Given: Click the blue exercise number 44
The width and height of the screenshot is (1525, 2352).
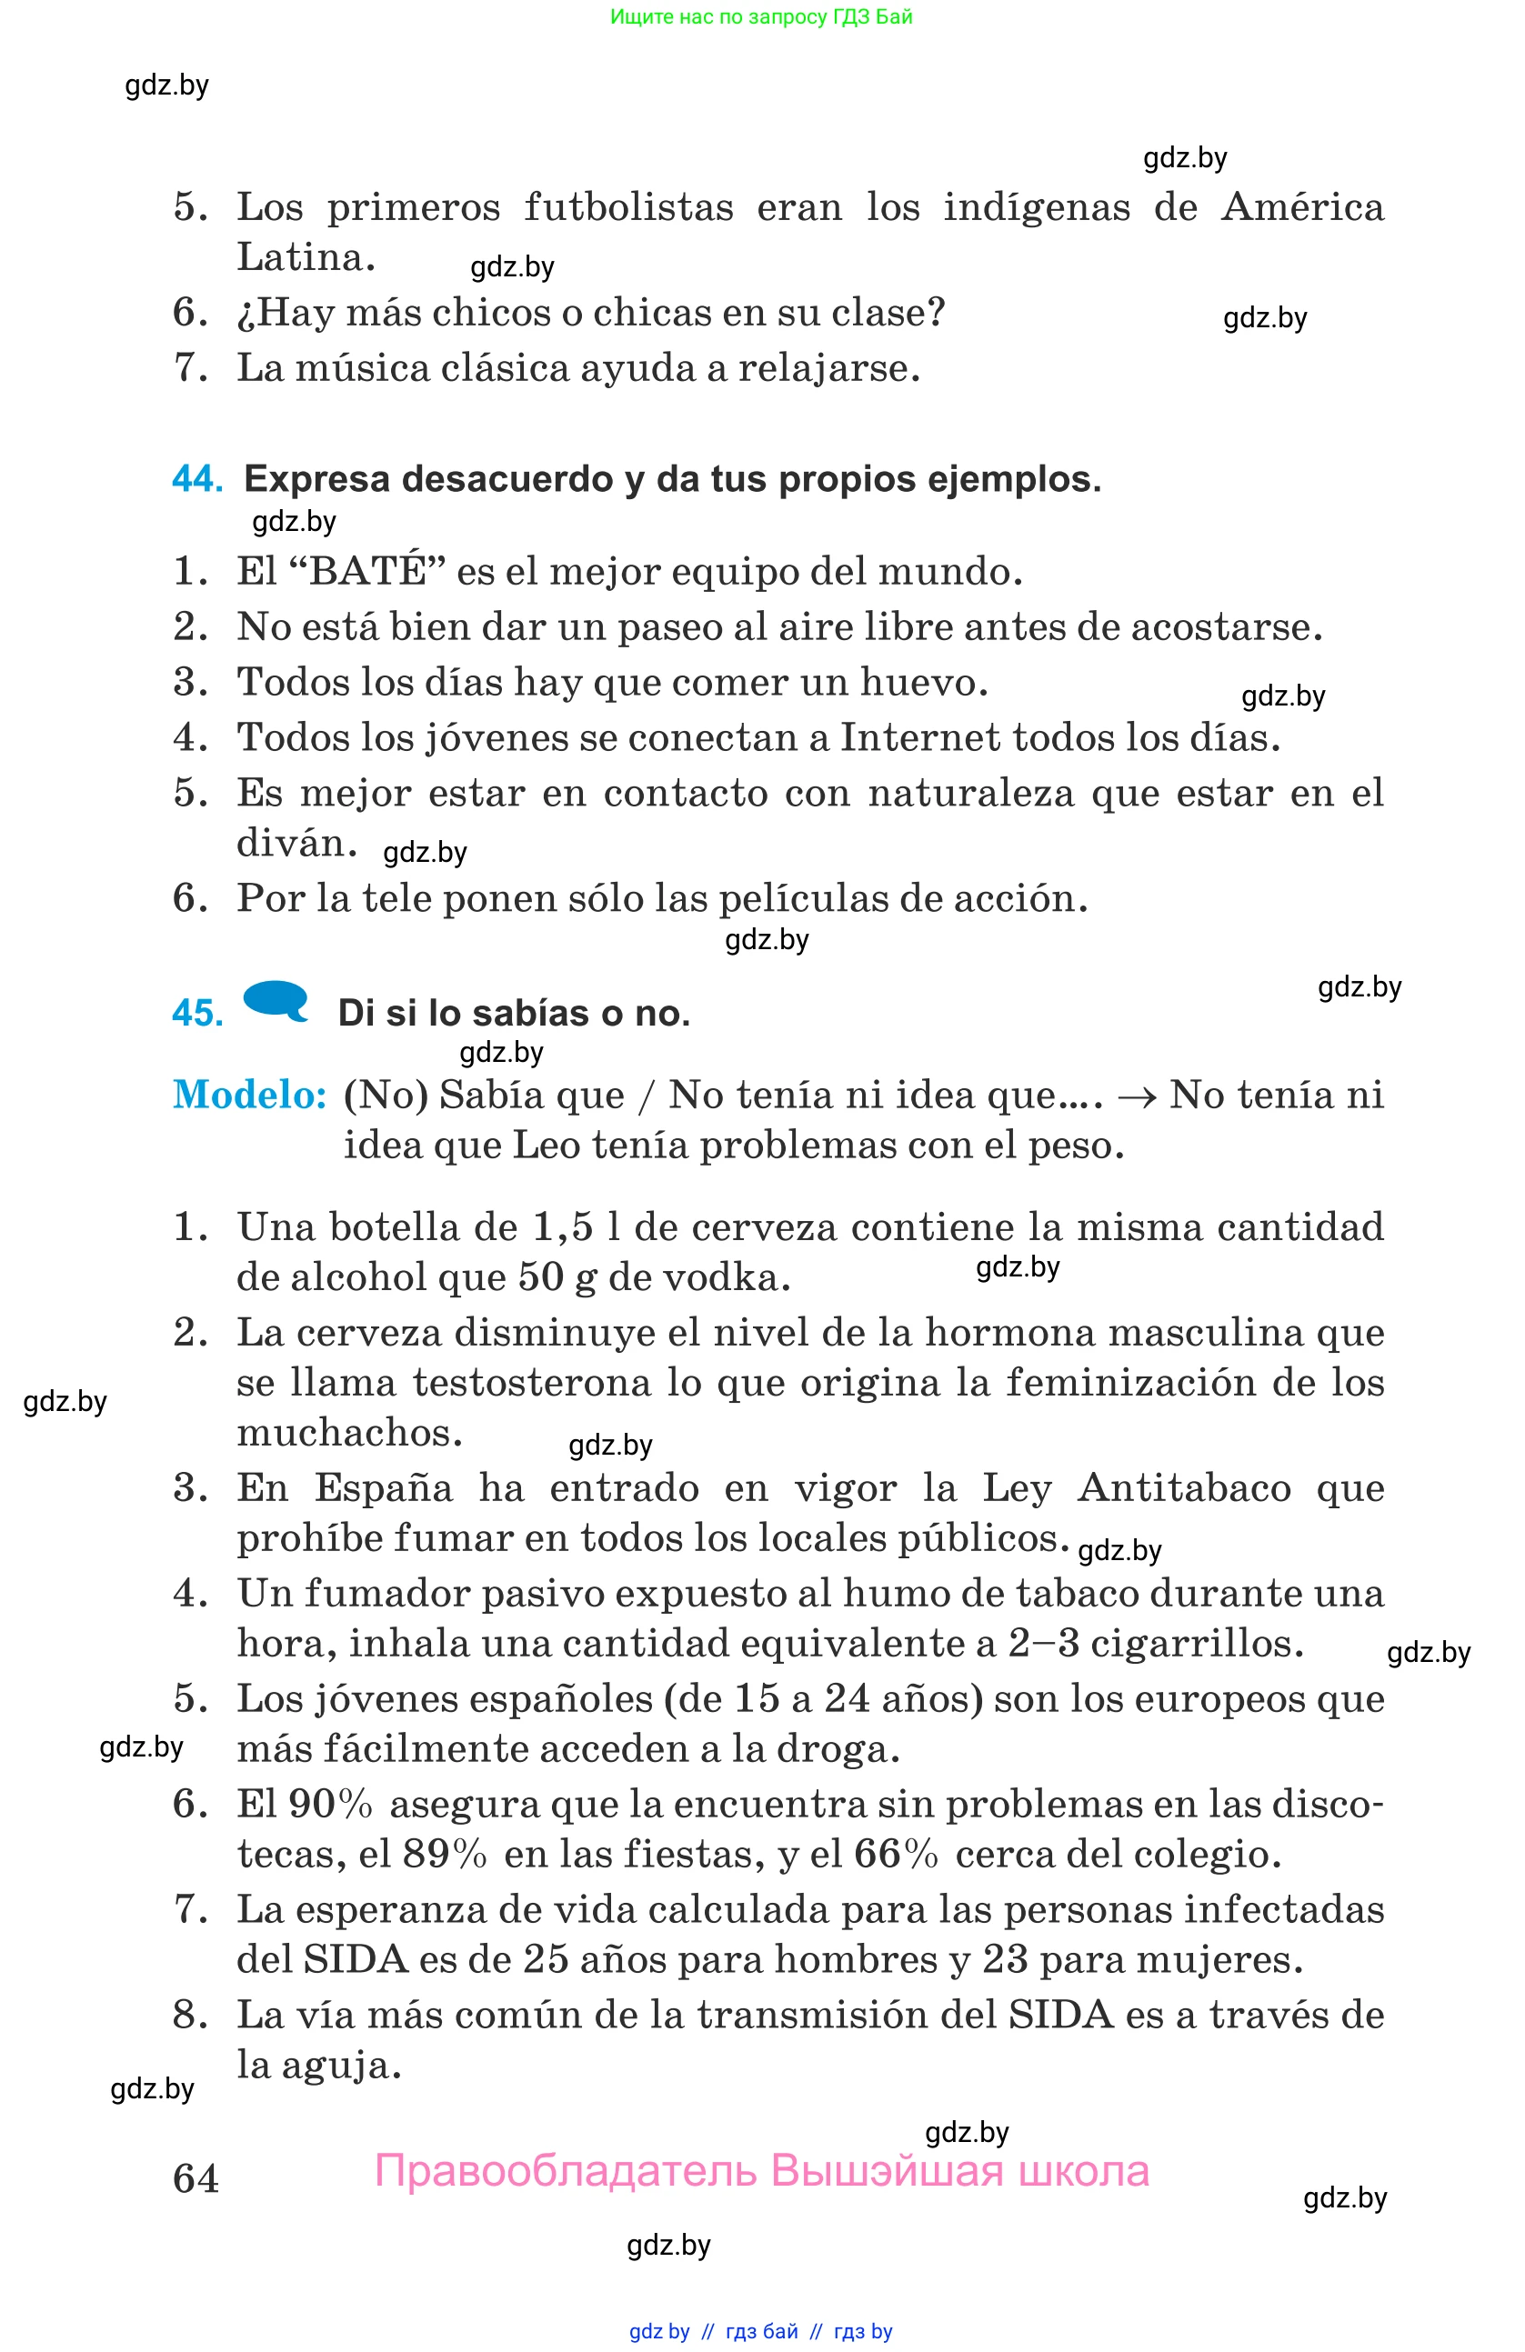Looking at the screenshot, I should pos(196,479).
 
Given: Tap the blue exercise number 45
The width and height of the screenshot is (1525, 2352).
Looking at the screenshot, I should pos(196,1013).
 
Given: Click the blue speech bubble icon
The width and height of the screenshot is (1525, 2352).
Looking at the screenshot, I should pos(276,1000).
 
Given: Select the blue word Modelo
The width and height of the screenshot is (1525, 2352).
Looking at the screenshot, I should pos(249,1095).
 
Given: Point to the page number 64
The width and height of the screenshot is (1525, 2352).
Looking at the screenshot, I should pos(196,2178).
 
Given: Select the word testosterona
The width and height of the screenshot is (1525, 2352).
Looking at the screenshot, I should pos(532,1383).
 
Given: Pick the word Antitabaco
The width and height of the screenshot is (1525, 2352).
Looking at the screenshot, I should pos(1184,1487).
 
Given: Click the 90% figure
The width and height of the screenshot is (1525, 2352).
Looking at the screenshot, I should pos(330,1804).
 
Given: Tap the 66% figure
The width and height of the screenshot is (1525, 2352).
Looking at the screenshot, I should pos(896,1854).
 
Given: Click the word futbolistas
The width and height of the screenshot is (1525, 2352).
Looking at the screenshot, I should pos(628,207).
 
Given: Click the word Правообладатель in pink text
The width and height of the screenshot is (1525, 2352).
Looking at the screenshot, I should pos(567,2170).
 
